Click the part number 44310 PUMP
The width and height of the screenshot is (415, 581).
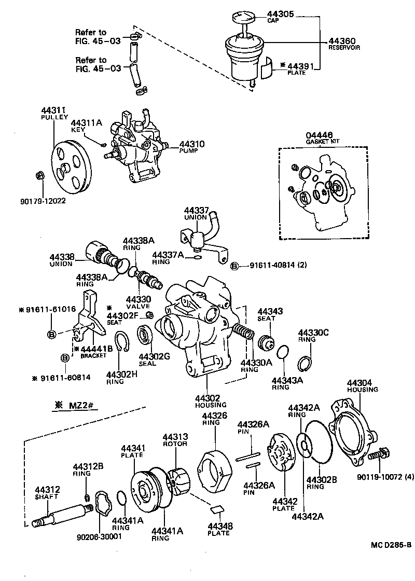[192, 145]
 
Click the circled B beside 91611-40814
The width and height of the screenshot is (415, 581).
[234, 266]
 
